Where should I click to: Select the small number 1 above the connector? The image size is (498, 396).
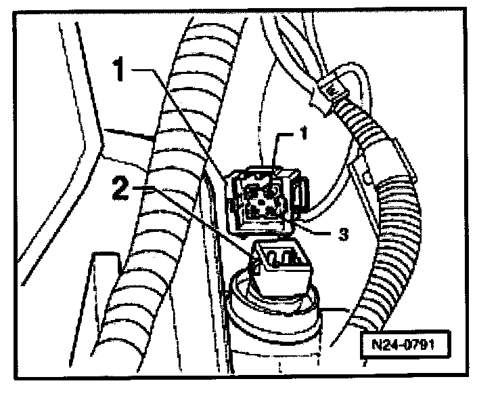(304, 134)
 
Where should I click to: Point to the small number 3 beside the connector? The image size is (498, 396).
(343, 234)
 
